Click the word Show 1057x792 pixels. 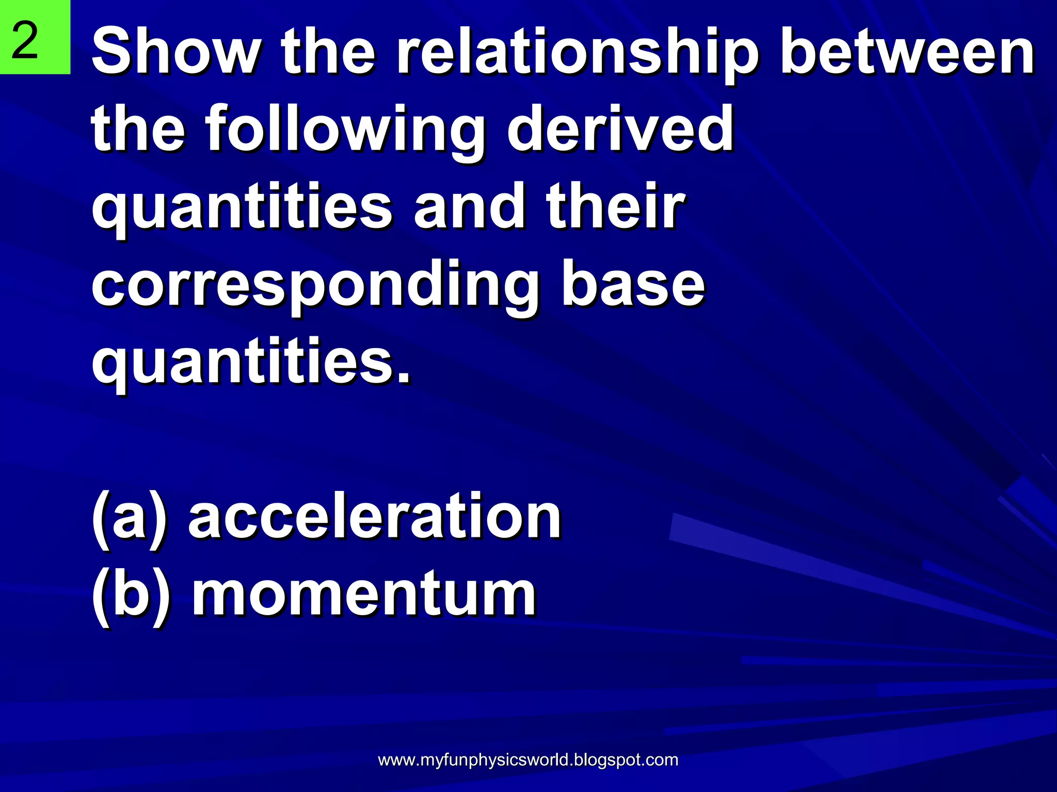point(175,52)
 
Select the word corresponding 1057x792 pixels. point(315,286)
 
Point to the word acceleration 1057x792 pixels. point(374,516)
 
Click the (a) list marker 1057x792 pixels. point(129,518)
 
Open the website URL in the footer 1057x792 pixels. point(528,760)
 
